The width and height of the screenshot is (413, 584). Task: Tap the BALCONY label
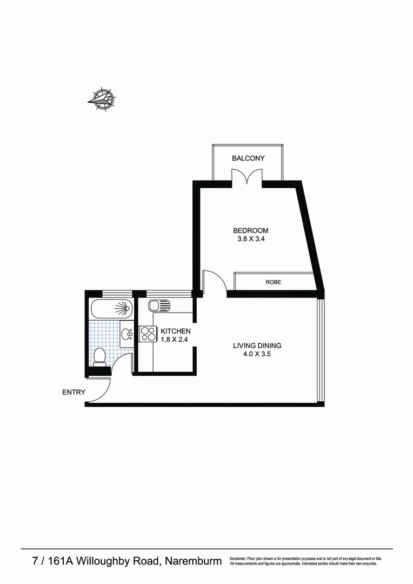click(x=248, y=158)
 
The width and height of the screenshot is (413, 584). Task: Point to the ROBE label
click(x=273, y=282)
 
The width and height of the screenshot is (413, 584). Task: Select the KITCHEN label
click(x=175, y=331)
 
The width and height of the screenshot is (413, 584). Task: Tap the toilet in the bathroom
click(x=99, y=356)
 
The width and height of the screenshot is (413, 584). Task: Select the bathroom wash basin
click(x=127, y=334)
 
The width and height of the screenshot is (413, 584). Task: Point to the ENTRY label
click(x=74, y=392)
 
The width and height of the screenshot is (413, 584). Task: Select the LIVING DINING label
click(x=257, y=346)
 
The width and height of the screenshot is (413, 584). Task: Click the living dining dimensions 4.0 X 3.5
click(x=257, y=355)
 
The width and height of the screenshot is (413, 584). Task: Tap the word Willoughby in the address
click(x=104, y=561)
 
